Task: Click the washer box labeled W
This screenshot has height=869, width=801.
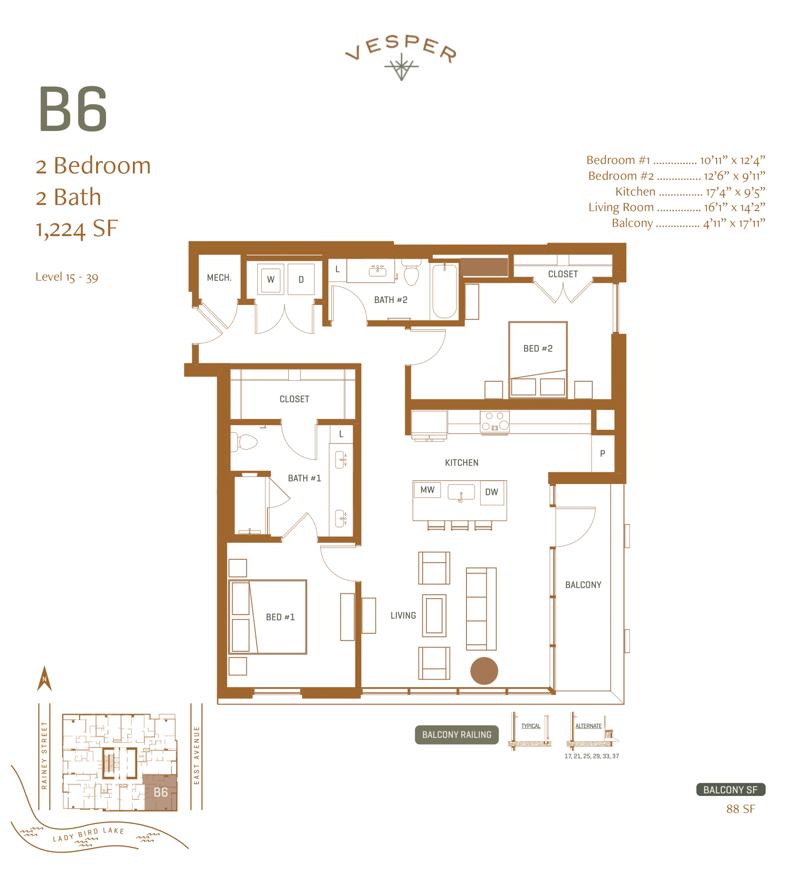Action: (271, 279)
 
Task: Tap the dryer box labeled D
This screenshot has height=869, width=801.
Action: (301, 279)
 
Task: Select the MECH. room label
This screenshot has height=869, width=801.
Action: (219, 278)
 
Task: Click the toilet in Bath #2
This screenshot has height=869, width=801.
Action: (411, 275)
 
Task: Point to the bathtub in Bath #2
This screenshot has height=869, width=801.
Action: (444, 291)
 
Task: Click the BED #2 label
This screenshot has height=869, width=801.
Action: (538, 348)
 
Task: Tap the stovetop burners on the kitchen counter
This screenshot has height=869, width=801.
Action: (495, 421)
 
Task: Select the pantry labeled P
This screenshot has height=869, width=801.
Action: (603, 453)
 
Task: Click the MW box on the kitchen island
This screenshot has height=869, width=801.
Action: (427, 490)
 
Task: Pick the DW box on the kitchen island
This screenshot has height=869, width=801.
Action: (491, 492)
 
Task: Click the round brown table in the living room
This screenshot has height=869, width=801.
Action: (484, 671)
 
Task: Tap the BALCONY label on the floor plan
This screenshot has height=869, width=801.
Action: (583, 585)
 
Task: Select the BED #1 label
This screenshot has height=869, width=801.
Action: (280, 617)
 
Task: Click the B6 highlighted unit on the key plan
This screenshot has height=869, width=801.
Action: (160, 792)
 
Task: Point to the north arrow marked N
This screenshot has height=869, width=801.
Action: (44, 679)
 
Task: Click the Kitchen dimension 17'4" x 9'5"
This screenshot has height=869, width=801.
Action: (735, 192)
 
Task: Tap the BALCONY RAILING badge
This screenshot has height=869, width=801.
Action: (457, 735)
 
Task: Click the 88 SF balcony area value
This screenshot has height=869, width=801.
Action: (740, 809)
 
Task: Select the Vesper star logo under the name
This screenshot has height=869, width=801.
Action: (401, 67)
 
